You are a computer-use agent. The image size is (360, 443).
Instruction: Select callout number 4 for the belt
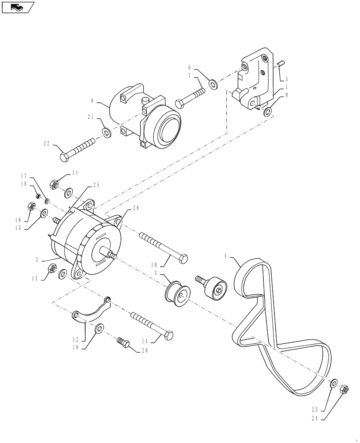226,255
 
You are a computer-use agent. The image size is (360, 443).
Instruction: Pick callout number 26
136,208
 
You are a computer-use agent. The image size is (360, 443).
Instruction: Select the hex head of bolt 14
168,335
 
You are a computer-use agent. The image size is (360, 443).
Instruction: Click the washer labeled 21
106,132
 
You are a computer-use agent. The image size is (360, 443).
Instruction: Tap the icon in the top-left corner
17,7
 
